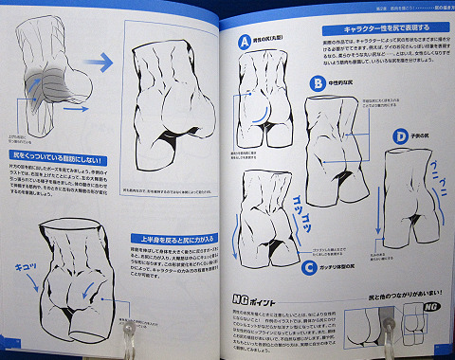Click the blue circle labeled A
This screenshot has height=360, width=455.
[x=244, y=43]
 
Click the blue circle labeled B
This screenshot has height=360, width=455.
[x=317, y=84]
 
